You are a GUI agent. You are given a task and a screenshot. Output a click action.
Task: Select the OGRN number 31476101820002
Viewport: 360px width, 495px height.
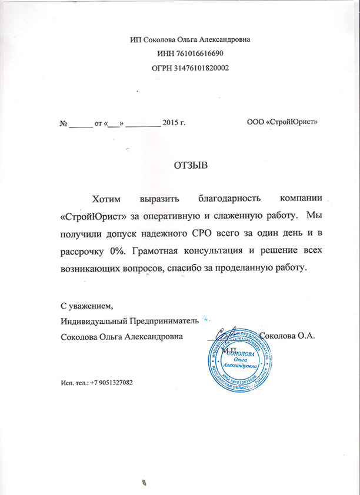[x=199, y=68]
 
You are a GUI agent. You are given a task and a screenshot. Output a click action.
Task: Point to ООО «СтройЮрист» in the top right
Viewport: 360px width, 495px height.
[x=282, y=122]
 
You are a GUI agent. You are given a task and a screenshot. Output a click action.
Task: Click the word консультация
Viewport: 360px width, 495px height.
[x=218, y=252]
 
